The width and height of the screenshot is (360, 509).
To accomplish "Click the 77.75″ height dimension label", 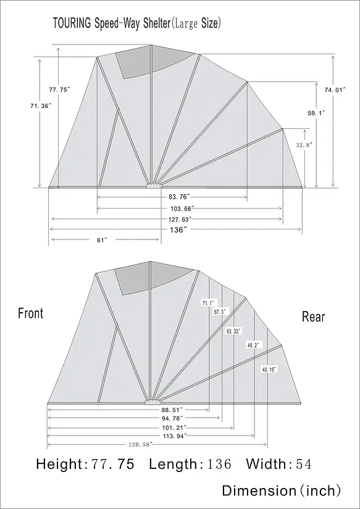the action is coord(60,90).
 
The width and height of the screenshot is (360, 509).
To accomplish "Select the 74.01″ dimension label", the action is coord(335,90).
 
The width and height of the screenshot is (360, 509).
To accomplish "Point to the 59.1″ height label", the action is coord(316,113).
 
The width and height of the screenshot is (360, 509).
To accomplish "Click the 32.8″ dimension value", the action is coord(304,145).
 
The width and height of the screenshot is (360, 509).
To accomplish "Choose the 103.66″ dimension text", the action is coord(182,208).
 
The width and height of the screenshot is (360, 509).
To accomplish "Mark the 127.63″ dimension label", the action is coord(180,219).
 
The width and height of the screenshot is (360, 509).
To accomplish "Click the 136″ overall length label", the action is coord(178,230).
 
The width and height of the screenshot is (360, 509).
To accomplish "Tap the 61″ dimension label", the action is coord(102,240).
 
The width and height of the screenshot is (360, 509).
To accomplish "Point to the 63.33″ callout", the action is coord(234,331).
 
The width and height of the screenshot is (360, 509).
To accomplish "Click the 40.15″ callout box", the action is coord(269,369).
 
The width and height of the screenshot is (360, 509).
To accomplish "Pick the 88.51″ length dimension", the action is coord(172,410).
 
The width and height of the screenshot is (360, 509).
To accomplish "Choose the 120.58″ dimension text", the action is coord(140,444).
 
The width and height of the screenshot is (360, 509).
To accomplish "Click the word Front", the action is coord(30,313).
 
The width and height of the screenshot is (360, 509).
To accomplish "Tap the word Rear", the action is coord(313,317).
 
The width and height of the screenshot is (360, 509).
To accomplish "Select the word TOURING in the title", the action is coord(72,23).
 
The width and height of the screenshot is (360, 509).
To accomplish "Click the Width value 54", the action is coord(304,464).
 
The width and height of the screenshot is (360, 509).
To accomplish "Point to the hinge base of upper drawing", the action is coord(154,186).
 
